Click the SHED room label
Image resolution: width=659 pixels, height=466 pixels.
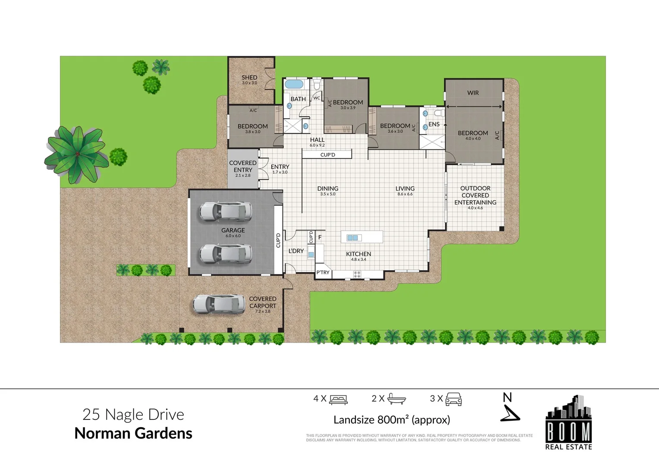coord(249,78)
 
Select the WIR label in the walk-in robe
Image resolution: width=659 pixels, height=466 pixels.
coord(473,93)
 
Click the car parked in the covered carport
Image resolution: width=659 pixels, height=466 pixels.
coord(219,304)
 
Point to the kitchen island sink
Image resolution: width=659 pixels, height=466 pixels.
coord(352,238)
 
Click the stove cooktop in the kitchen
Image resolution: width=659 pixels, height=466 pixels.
coord(357,274)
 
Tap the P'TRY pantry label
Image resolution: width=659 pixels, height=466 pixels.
coord(323,272)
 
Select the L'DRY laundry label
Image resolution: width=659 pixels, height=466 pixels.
coord(296,251)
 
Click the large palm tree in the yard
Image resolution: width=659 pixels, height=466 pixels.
coord(77,154)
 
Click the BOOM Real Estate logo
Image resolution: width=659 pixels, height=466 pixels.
coord(568,422)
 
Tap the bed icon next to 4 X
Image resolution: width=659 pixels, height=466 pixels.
coord(339,400)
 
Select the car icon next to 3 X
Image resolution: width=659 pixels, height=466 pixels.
coord(453,399)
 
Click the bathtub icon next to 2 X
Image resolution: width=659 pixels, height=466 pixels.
coord(396,399)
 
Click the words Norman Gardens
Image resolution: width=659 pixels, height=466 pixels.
coord(133,433)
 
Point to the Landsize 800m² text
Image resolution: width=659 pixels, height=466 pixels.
coord(392,420)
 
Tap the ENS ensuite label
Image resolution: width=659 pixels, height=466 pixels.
coord(434,124)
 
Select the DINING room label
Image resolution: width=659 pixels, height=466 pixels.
coord(328,189)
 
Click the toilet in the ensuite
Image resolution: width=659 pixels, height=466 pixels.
coord(439,113)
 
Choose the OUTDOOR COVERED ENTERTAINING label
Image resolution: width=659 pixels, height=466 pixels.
coord(475,195)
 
